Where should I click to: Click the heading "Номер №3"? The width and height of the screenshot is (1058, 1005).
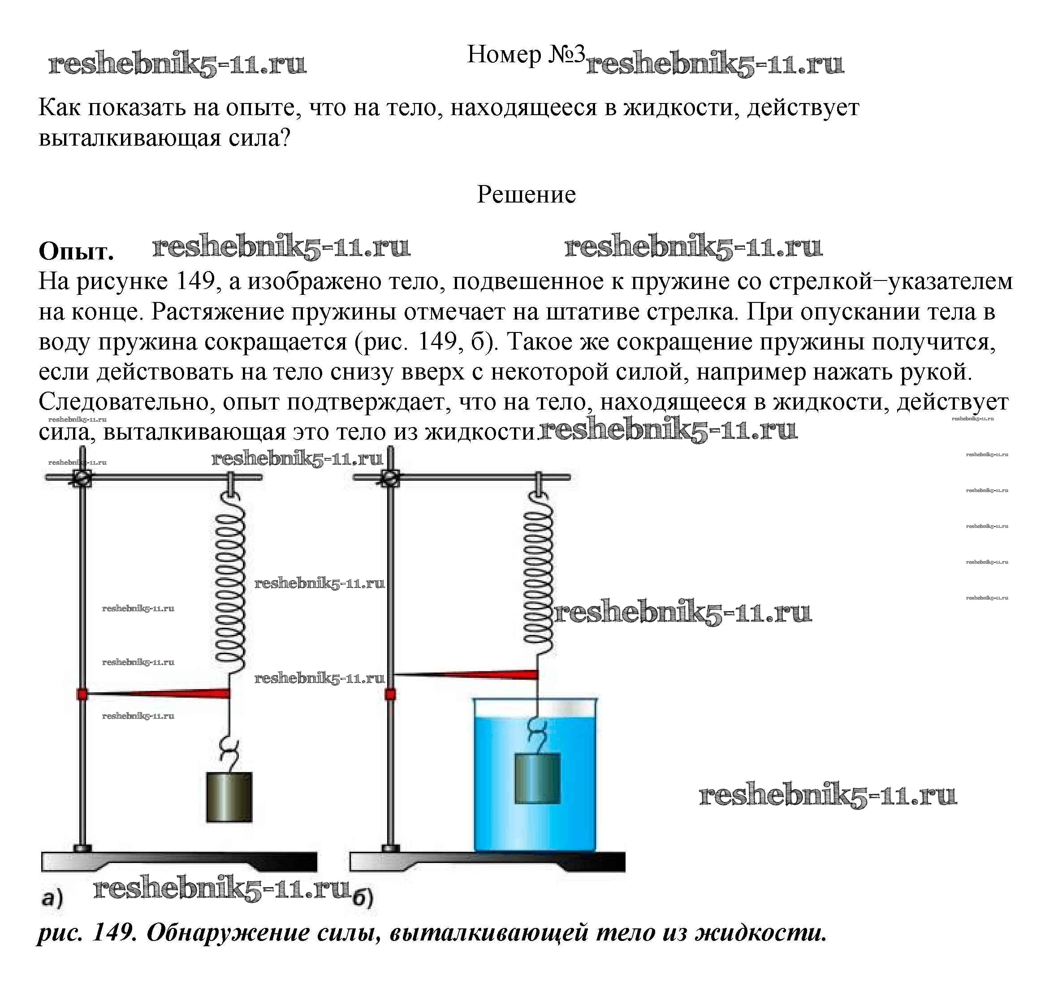tap(525, 55)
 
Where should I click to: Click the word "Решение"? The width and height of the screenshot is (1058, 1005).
tap(526, 194)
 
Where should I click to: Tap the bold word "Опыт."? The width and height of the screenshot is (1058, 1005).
tap(76, 251)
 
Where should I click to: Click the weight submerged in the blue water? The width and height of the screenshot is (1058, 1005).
tap(537, 778)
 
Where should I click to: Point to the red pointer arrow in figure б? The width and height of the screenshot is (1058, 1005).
tap(466, 674)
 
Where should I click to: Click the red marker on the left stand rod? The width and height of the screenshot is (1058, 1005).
tap(82, 695)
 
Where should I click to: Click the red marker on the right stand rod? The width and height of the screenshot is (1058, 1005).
tap(390, 695)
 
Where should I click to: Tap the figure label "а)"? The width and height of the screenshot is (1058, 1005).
tap(52, 898)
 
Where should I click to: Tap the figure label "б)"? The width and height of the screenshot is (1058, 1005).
tap(363, 898)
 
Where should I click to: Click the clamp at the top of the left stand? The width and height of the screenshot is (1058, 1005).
tap(82, 477)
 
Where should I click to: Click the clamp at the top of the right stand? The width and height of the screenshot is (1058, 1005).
tap(390, 477)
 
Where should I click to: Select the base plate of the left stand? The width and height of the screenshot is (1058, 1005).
tap(179, 862)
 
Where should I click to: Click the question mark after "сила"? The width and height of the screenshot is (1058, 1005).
tap(285, 138)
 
